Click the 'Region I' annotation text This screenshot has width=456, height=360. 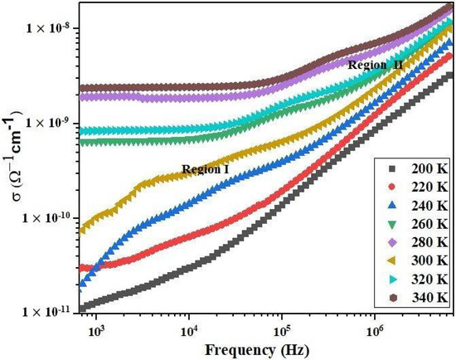pos(205,169)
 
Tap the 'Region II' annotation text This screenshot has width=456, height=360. pos(376,65)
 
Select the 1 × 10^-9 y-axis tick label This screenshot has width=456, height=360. pos(56,123)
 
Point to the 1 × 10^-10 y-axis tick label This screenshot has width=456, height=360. pos(54,217)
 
